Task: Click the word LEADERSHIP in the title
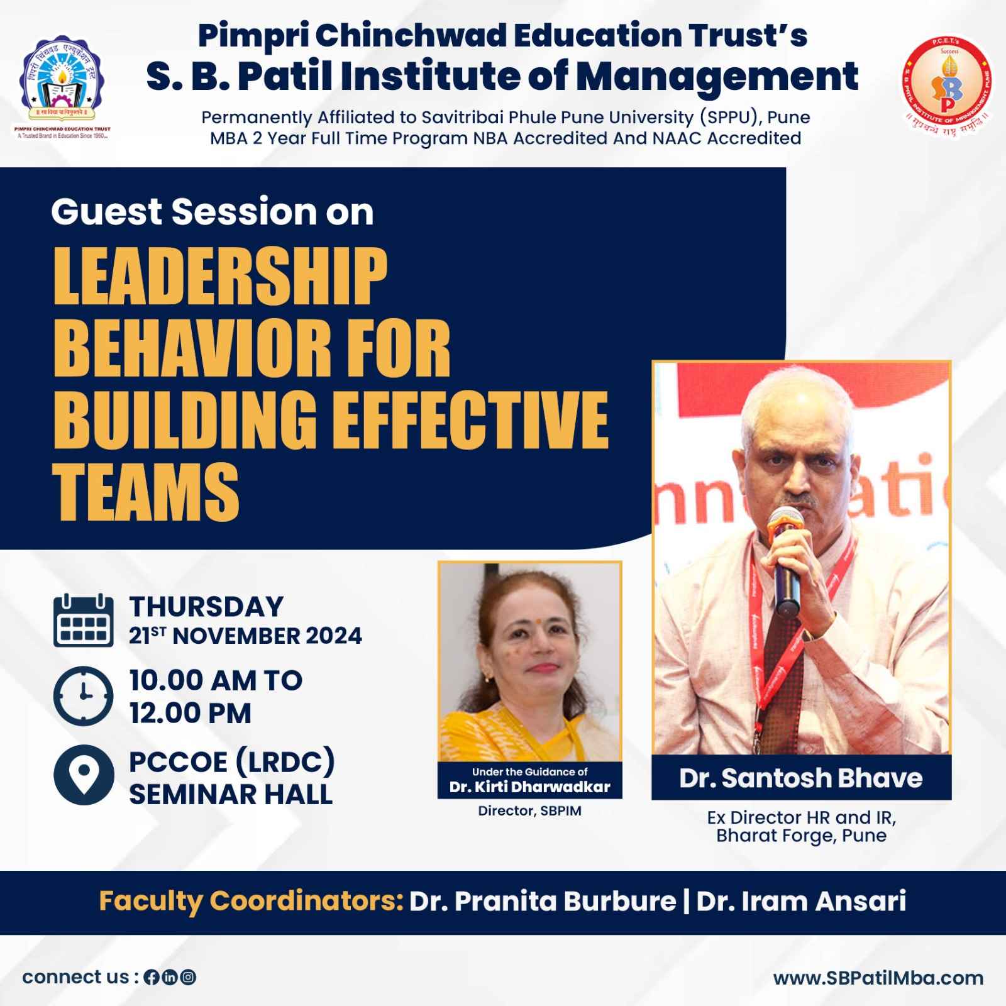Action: point(220,277)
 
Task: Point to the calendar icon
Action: point(84,621)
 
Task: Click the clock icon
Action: point(84,696)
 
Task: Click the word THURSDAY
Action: point(206,607)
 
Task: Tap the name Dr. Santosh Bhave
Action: point(800,778)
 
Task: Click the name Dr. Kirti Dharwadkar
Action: point(529,787)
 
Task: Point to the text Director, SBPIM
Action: point(529,811)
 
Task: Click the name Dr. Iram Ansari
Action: point(801,902)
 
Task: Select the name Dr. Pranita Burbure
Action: point(543,902)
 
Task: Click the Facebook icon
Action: point(151,978)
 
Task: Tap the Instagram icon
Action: point(188,978)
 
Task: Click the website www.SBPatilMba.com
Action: point(878,978)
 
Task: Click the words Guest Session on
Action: point(213,212)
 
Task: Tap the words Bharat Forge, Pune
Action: point(801,836)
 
